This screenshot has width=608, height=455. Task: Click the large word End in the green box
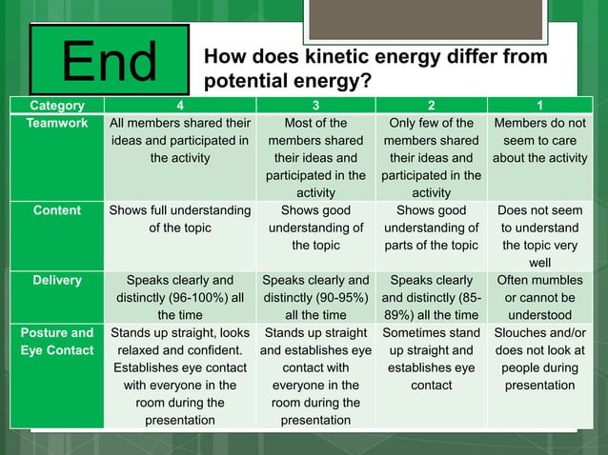110,61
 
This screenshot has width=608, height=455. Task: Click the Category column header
56,106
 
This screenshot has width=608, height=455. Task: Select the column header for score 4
180,106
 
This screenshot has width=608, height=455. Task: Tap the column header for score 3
315,106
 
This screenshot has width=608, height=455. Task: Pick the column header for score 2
431,106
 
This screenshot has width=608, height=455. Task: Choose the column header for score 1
539,106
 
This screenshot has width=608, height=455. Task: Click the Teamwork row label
56,124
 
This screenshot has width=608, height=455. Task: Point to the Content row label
56,210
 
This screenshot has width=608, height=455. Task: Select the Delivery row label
56,281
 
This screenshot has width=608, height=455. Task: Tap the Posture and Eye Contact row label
56,342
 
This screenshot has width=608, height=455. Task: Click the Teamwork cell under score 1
539,141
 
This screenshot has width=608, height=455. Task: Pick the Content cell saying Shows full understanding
180,220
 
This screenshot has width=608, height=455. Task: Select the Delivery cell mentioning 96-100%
180,298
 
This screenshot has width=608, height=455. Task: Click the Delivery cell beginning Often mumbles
539,298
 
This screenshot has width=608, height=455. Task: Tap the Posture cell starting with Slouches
539,360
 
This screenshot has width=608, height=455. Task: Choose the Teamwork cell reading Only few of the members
431,158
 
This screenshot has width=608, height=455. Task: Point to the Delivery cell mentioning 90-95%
315,298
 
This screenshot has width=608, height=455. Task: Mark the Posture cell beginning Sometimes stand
431,360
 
